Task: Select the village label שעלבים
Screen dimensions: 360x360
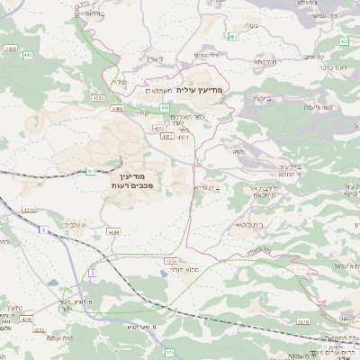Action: [76, 224]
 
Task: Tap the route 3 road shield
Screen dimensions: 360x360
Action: [91, 273]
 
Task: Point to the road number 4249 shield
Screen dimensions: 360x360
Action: [112, 230]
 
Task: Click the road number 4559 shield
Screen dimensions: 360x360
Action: [171, 260]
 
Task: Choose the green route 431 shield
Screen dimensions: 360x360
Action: [91, 170]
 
